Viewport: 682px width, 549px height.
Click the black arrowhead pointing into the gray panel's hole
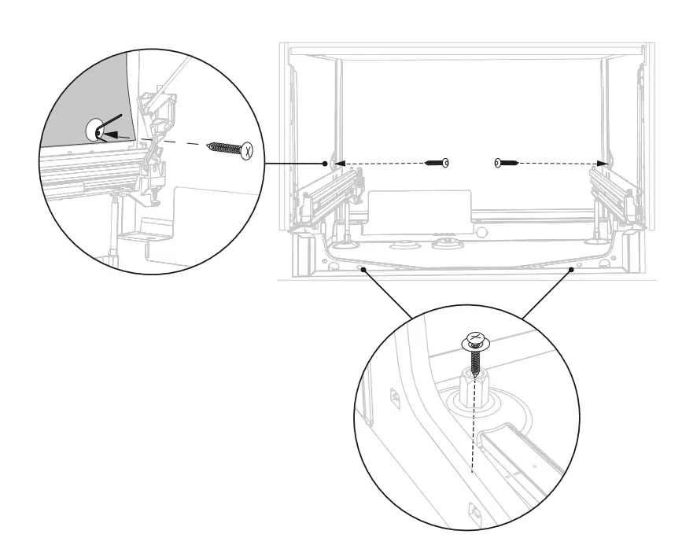click(111, 134)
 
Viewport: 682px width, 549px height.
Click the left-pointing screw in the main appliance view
click(437, 163)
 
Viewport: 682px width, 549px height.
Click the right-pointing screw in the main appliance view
click(507, 163)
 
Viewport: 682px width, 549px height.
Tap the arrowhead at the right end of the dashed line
click(603, 163)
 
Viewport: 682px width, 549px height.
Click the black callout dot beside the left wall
click(325, 164)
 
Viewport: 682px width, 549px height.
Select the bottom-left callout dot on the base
click(363, 269)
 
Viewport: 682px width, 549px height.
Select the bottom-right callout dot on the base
click(569, 269)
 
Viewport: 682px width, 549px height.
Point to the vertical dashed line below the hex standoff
click(471, 440)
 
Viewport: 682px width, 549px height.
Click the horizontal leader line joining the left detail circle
click(292, 164)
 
